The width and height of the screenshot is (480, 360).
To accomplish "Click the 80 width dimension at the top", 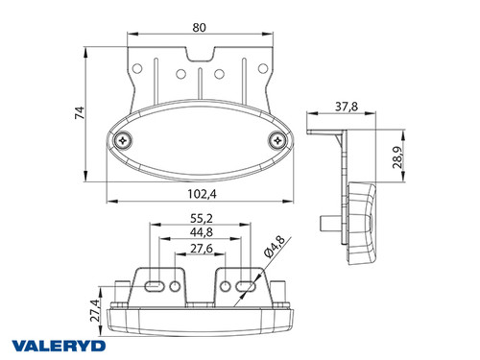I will click(x=199, y=28).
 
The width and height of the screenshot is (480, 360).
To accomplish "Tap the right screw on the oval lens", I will click(x=276, y=141).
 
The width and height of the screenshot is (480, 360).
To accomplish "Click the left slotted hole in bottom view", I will click(x=154, y=286).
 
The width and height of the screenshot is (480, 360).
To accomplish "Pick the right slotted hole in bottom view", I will click(x=245, y=286).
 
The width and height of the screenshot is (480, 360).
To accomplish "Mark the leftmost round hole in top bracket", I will click(x=139, y=69).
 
